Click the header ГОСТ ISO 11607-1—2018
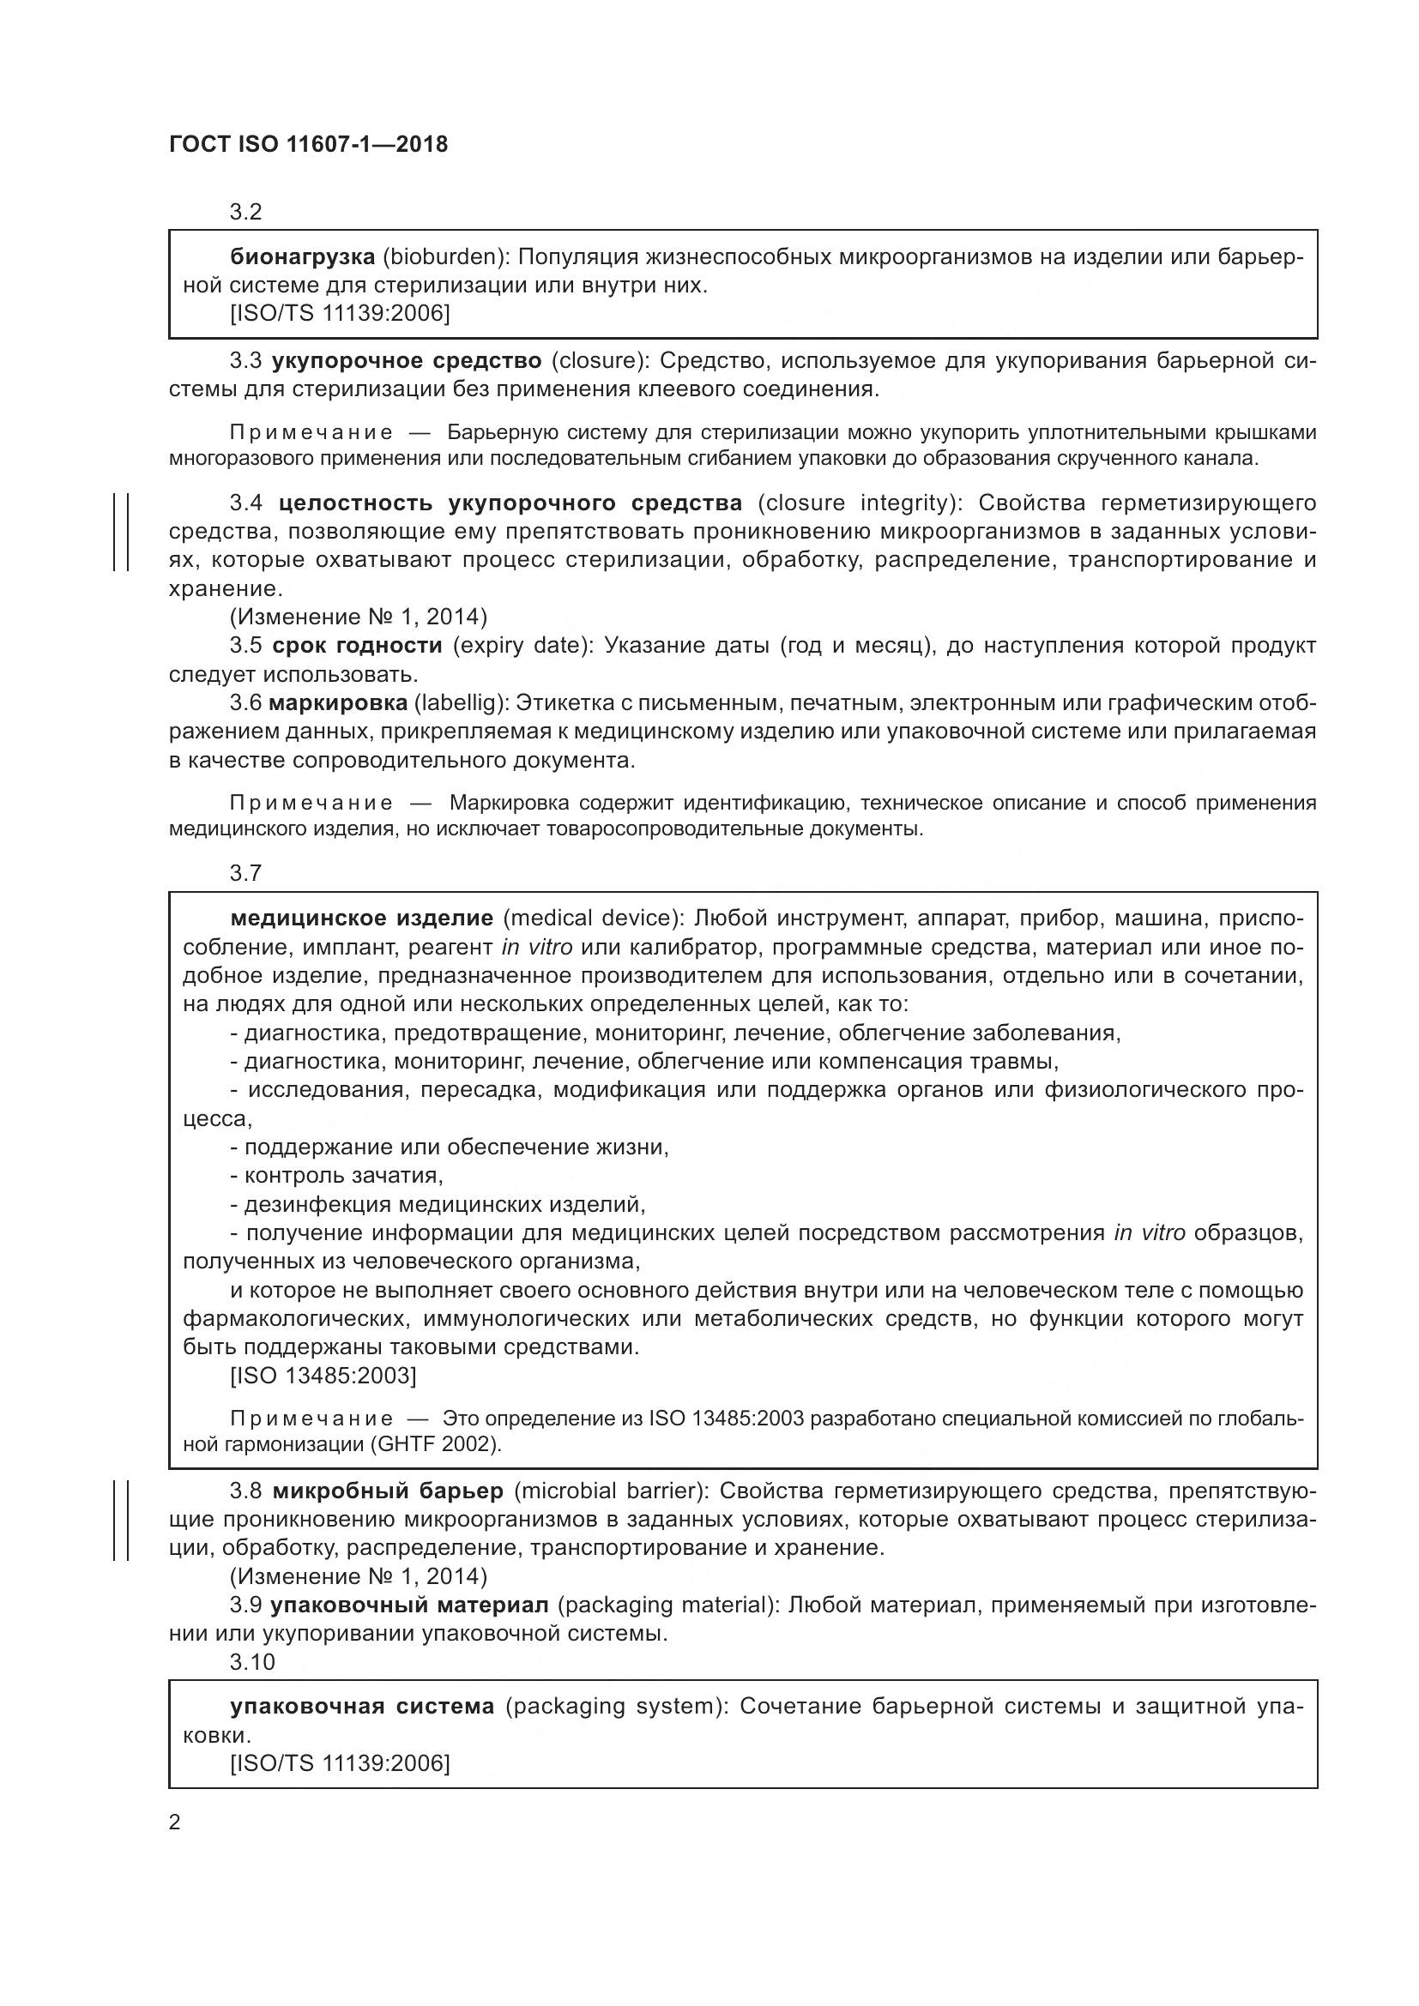click(x=308, y=145)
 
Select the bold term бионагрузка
click(x=302, y=257)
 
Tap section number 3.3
click(x=245, y=361)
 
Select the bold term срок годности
click(x=358, y=646)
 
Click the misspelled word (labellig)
click(x=460, y=703)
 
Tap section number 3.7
click(x=245, y=873)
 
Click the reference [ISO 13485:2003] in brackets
click(x=323, y=1376)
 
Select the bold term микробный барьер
click(x=388, y=1491)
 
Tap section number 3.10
click(x=251, y=1663)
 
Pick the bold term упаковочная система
click(x=362, y=1707)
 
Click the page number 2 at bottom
click(x=175, y=1822)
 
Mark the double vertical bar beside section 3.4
click(x=122, y=531)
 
